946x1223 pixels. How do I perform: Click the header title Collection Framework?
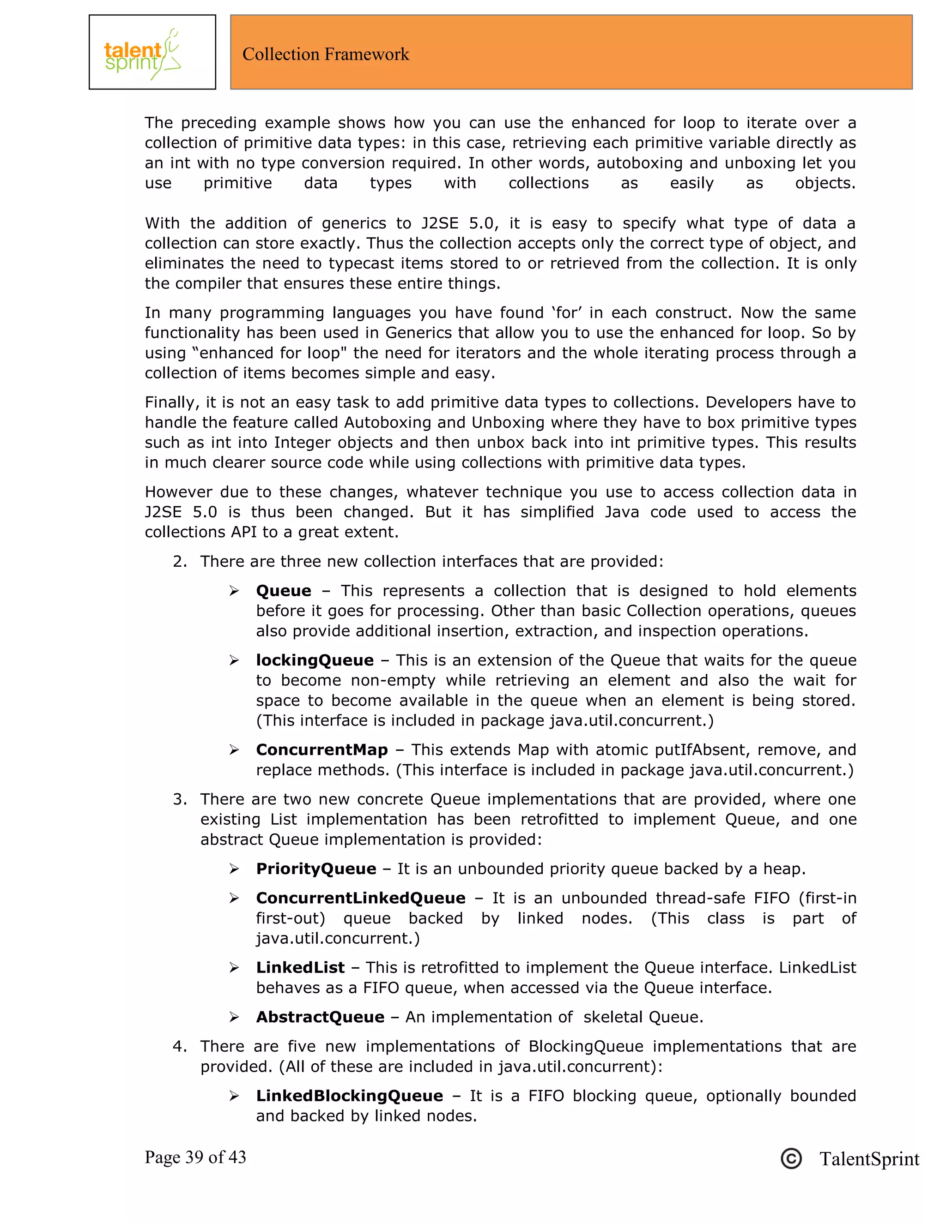[x=326, y=54]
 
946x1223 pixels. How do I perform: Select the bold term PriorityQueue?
[x=316, y=869]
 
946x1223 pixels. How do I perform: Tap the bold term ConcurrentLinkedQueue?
[x=360, y=898]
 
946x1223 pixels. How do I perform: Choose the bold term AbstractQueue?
[x=320, y=1016]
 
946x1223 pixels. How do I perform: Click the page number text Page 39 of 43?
[x=195, y=1157]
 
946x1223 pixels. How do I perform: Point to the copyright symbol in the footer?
[x=791, y=1158]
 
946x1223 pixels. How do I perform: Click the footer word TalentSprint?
[x=869, y=1158]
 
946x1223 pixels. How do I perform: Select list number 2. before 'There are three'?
[x=179, y=561]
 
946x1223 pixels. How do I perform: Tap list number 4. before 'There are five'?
[x=179, y=1046]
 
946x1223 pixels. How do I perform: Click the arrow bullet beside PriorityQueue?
[x=234, y=869]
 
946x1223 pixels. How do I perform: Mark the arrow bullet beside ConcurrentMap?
[x=234, y=750]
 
